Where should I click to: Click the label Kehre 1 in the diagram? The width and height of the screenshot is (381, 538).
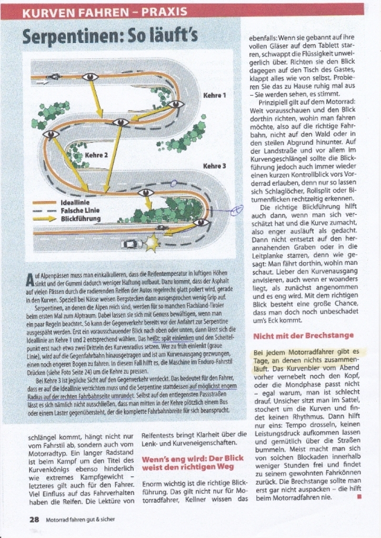214,95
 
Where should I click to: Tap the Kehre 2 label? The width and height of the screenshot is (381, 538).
97,155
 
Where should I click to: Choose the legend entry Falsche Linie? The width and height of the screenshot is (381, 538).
81,211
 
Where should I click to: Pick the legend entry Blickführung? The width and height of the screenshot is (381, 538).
81,219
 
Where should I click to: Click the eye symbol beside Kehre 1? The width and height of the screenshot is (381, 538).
176,104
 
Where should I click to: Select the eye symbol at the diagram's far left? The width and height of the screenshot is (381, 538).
50,134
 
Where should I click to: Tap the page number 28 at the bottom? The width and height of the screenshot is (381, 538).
34,519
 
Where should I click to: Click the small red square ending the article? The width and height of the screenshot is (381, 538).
359,497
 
